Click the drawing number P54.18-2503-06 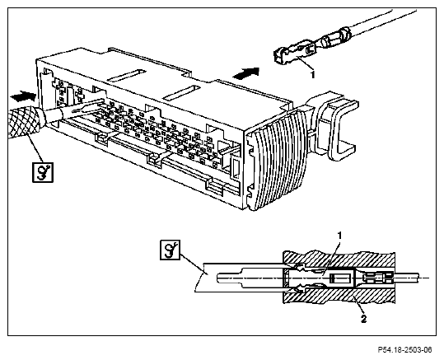coord(405,349)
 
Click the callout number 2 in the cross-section coord(363,319)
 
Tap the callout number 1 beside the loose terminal coord(313,75)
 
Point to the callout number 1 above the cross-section coord(339,236)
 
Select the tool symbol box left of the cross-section coord(170,250)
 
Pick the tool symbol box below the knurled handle coord(43,172)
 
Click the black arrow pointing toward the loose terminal coord(245,73)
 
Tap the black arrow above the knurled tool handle coord(23,96)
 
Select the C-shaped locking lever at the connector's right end coord(334,124)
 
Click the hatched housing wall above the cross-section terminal coord(339,259)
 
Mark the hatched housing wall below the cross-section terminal coord(339,297)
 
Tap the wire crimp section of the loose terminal coord(335,38)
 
